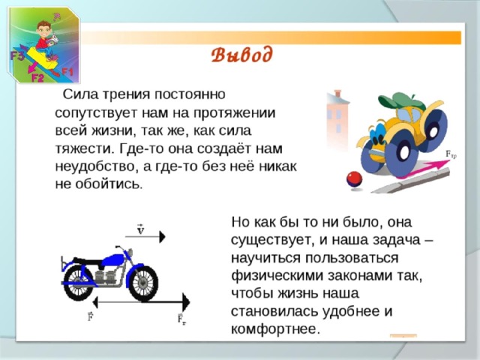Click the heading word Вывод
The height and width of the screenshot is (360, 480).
tap(241, 55)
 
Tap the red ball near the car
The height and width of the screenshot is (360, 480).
tap(354, 180)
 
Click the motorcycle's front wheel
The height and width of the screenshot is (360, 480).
tap(143, 282)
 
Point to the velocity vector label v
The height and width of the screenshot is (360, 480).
tap(140, 230)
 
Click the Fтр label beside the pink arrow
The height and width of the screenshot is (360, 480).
tap(451, 155)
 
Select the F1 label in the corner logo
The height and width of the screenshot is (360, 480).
tap(67, 72)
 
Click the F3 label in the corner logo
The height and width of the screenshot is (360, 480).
tap(17, 56)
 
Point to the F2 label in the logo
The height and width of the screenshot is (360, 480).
tap(37, 78)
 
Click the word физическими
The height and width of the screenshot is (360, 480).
tap(277, 276)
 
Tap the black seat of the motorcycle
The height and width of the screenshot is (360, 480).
tap(88, 261)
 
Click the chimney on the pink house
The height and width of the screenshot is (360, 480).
tap(337, 93)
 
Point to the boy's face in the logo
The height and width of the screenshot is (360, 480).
tap(45, 30)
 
